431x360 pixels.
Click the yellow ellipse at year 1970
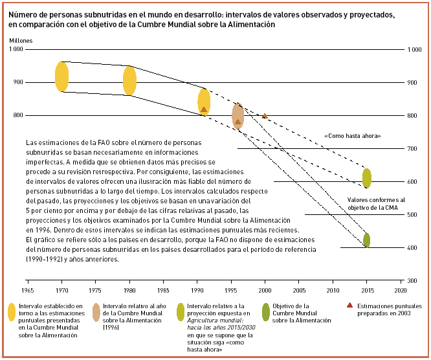[61, 77]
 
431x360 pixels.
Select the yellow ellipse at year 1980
[129, 80]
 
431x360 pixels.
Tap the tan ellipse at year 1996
[238, 117]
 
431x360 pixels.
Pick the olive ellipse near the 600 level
[367, 178]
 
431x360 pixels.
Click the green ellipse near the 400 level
[367, 240]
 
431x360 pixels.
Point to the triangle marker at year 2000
[265, 116]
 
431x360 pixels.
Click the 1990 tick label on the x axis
[197, 282]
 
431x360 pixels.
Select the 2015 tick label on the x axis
[367, 282]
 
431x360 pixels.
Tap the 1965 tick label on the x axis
[28, 282]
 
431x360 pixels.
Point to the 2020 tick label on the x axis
[401, 282]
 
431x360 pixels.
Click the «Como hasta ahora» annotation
[352, 136]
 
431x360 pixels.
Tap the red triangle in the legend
[349, 305]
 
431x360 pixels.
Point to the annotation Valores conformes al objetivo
[376, 203]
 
